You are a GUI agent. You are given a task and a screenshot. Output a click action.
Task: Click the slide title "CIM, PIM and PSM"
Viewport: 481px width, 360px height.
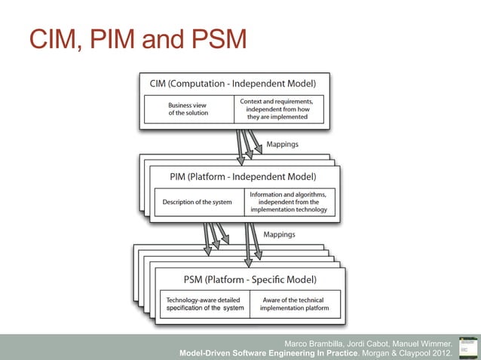[x=136, y=40]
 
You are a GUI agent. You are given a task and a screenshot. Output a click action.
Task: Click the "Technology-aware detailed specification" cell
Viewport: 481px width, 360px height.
[x=205, y=304]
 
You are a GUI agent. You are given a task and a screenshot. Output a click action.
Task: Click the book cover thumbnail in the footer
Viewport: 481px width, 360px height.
[x=467, y=346]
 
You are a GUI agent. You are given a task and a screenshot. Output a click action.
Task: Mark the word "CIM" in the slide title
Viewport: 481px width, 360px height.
[x=51, y=40]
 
